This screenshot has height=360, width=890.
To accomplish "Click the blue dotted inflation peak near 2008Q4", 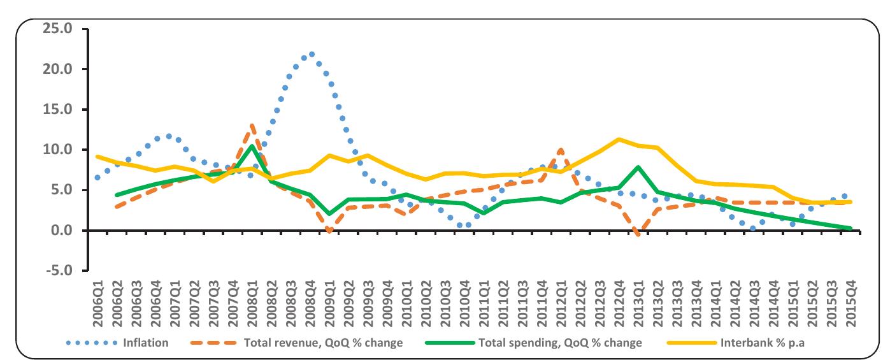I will click(x=311, y=54).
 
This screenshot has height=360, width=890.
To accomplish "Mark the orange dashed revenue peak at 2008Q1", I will click(x=253, y=126).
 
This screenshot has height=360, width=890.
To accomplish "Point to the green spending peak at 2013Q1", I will click(x=638, y=167).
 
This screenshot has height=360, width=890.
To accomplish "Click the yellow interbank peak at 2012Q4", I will click(x=619, y=139).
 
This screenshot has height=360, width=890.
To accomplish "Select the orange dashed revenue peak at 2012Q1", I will click(x=561, y=150).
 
